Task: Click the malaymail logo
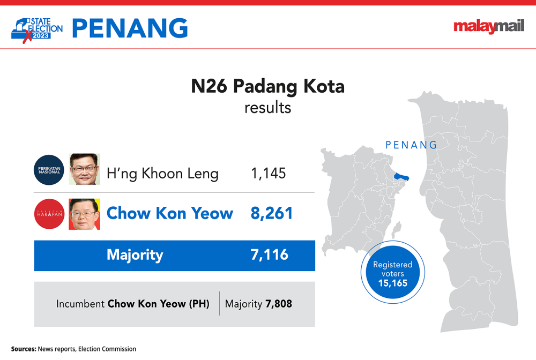489,26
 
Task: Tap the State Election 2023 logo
37,30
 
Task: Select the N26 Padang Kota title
267,86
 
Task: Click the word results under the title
267,108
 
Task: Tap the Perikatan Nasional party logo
49,170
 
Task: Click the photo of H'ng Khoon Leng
85,169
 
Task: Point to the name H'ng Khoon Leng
162,174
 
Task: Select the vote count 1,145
269,173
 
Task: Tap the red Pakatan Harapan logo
49,214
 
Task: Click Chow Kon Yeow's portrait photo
85,214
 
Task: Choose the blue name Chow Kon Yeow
170,213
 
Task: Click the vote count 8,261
272,213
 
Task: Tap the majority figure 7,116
270,255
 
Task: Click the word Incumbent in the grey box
80,304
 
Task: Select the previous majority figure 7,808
279,304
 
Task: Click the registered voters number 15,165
393,283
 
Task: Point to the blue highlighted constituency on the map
401,177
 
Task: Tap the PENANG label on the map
411,145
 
